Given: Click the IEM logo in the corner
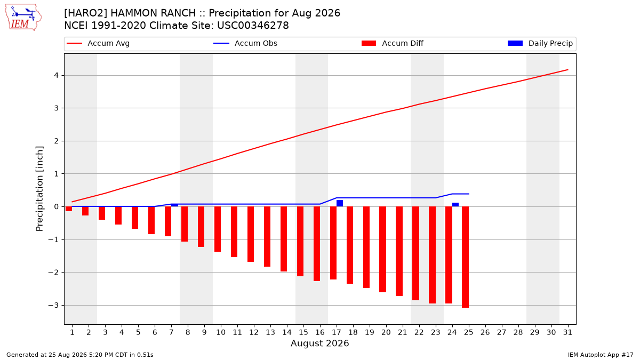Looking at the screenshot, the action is click(x=23, y=18).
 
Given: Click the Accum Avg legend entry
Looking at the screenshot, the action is click(x=98, y=43).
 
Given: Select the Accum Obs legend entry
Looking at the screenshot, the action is click(x=245, y=43).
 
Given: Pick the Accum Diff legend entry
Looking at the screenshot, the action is click(x=393, y=43).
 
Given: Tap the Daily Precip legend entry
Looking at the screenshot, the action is click(x=540, y=43).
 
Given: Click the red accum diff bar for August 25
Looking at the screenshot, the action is click(x=465, y=257).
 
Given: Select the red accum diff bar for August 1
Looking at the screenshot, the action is click(x=69, y=209).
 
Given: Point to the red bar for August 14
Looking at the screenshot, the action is click(x=283, y=239).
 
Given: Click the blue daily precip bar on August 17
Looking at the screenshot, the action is click(x=340, y=203).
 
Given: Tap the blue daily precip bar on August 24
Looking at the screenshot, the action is click(x=455, y=205).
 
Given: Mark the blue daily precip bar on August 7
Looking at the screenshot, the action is click(x=174, y=205).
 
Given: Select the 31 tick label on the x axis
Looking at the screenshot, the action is click(x=567, y=332).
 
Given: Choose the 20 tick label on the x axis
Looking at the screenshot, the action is click(x=386, y=332).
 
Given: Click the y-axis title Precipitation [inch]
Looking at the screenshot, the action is click(x=39, y=189).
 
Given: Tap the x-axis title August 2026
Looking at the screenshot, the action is click(x=319, y=343).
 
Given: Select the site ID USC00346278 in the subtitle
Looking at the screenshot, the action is click(x=253, y=26).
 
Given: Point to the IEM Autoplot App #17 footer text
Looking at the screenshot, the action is click(x=601, y=355).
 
